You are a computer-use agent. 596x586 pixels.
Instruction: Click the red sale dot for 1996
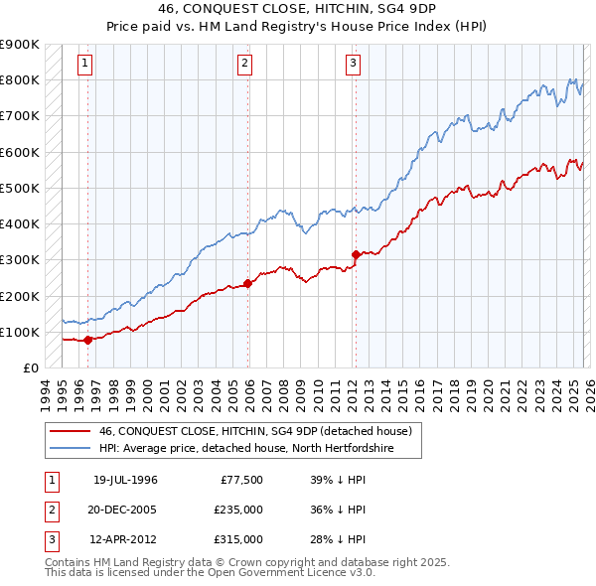click(87, 340)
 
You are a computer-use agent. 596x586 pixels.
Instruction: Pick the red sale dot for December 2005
click(247, 283)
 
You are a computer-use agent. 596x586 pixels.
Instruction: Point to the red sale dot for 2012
click(355, 254)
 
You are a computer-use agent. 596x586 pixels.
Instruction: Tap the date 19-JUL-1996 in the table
click(125, 480)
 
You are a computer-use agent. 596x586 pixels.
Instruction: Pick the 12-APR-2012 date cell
click(125, 539)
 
